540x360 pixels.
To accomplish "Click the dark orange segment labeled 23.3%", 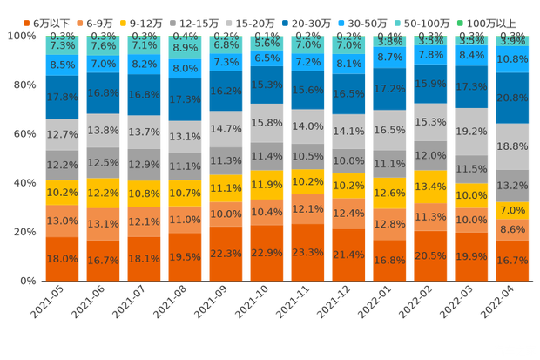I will [x=307, y=252].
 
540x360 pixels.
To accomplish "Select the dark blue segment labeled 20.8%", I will [x=512, y=98].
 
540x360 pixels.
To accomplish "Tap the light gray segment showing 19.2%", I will [x=471, y=131].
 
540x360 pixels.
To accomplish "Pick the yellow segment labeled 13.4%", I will [x=430, y=187].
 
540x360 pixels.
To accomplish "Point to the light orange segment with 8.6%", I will [x=512, y=228].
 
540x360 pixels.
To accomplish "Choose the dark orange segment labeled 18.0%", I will [x=62, y=258].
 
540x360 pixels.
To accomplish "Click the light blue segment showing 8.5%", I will [x=62, y=65].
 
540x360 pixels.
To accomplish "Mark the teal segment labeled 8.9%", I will [x=185, y=49].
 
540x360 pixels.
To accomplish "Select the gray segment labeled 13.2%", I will [x=512, y=185].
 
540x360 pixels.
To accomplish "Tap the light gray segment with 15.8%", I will [x=267, y=123].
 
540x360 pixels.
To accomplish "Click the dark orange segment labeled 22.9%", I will [x=267, y=253].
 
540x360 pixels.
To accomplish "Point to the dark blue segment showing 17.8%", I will [x=62, y=97].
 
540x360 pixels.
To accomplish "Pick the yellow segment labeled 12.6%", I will [x=389, y=193].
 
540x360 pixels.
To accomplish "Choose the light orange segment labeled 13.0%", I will [x=62, y=221].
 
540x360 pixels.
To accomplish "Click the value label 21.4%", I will [x=348, y=254].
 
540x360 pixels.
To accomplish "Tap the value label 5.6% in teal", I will [x=267, y=43].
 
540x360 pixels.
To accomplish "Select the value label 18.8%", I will [x=512, y=146].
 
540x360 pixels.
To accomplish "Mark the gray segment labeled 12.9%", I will [x=144, y=164].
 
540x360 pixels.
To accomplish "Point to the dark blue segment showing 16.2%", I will [x=226, y=90].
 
